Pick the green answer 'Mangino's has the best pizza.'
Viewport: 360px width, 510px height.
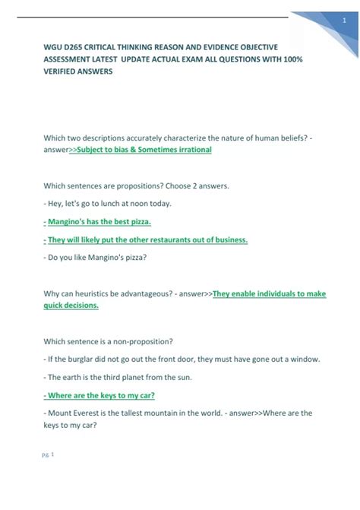tap(99, 221)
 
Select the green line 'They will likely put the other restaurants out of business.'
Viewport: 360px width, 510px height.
tap(147, 239)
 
